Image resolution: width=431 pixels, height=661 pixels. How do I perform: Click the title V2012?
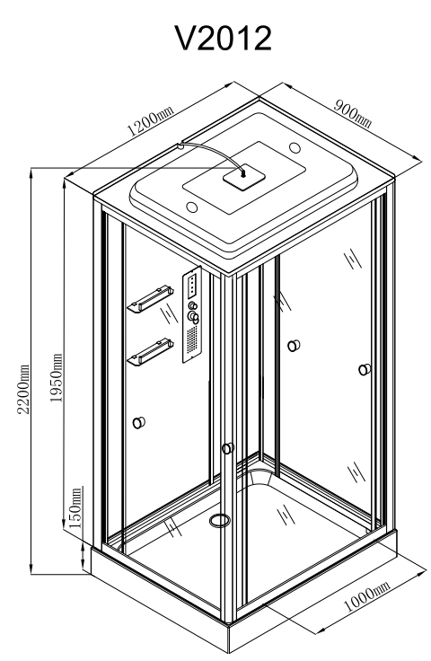[224, 38]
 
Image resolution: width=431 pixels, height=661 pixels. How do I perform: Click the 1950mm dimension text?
[56, 378]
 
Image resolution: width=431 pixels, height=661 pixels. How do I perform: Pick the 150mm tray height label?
[75, 508]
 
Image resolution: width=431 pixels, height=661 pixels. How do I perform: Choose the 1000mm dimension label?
[367, 595]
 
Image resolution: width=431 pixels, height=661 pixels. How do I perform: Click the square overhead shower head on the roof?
[244, 178]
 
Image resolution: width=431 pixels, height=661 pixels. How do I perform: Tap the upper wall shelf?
[151, 299]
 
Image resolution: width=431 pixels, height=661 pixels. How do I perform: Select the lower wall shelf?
[151, 352]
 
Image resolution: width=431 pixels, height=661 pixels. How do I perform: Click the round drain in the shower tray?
[219, 520]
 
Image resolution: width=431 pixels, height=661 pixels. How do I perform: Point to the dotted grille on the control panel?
[192, 341]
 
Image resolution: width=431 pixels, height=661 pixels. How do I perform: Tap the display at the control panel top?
[193, 286]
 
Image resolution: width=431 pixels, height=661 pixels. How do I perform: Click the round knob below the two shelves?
[139, 422]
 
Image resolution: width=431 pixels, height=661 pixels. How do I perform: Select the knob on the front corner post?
[228, 447]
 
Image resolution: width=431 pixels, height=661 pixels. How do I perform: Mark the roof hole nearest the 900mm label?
[295, 147]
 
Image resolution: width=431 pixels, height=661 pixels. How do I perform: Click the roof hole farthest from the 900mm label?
[191, 207]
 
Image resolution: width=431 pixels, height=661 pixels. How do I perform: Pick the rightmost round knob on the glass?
[365, 370]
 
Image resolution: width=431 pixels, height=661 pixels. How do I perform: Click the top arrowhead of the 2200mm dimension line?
[31, 173]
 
